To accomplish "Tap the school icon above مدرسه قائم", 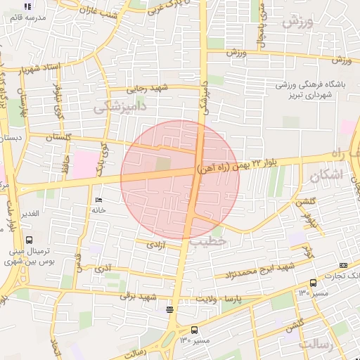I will [x=28, y=6].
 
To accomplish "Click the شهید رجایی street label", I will [x=145, y=89].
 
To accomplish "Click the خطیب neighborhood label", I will [x=208, y=242].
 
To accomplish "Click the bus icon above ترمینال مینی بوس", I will [x=28, y=239].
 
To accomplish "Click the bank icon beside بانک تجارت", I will [x=342, y=265].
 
